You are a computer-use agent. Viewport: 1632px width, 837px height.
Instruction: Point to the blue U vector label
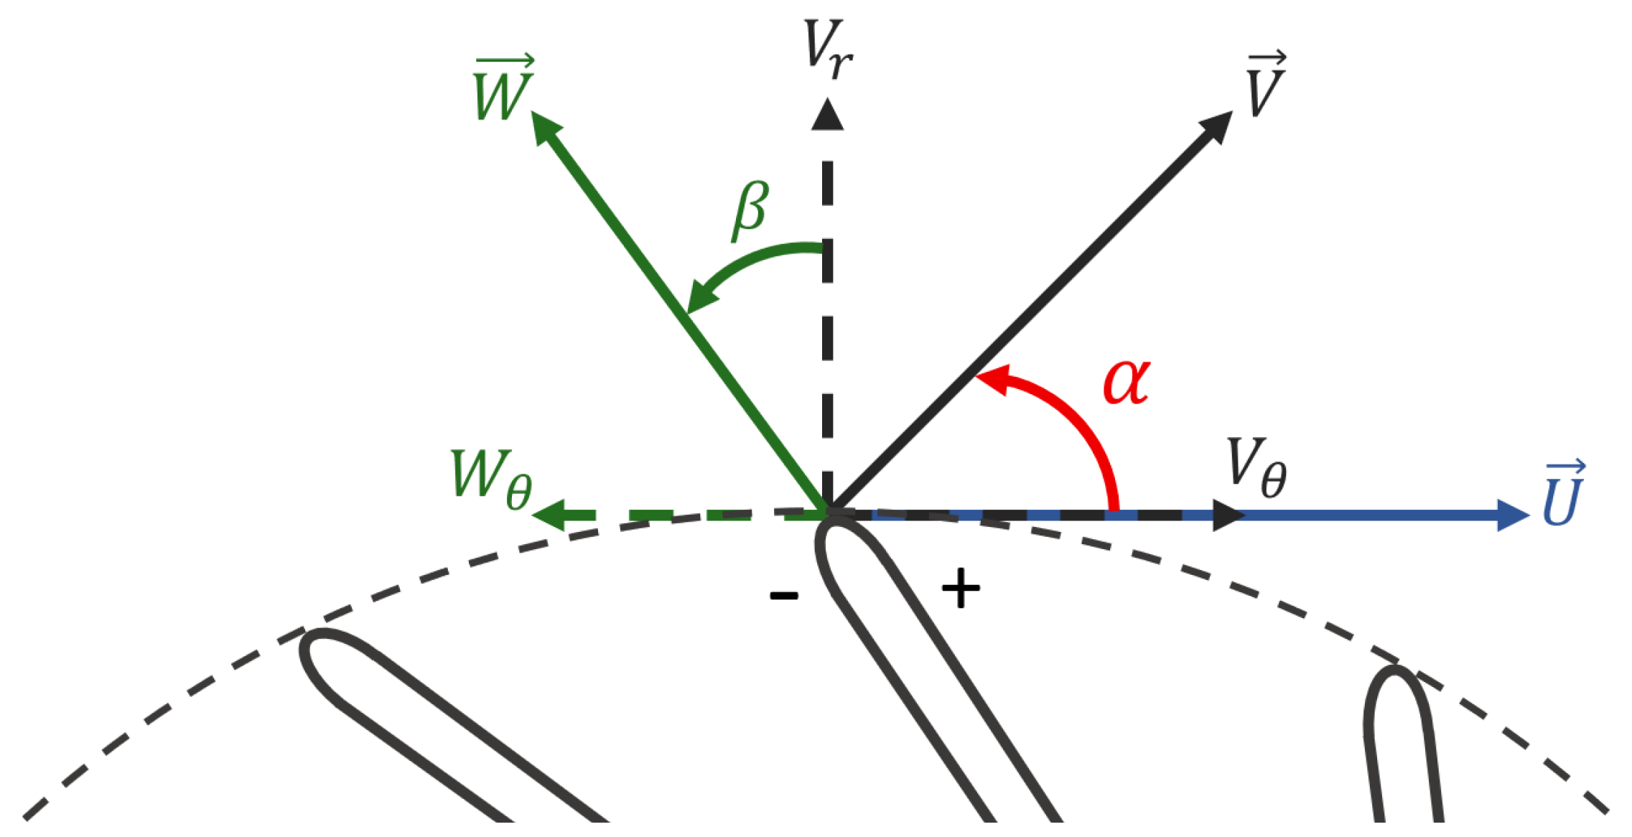[x=1563, y=495]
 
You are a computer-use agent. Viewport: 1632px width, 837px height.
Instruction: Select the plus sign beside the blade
[x=960, y=589]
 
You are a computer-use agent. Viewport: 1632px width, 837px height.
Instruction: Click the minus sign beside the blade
[x=783, y=595]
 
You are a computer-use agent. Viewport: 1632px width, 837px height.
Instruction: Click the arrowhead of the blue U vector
[x=1512, y=515]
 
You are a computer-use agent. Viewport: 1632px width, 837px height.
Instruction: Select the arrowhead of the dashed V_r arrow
[x=827, y=115]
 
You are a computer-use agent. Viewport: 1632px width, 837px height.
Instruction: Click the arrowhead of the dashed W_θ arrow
[x=549, y=515]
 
